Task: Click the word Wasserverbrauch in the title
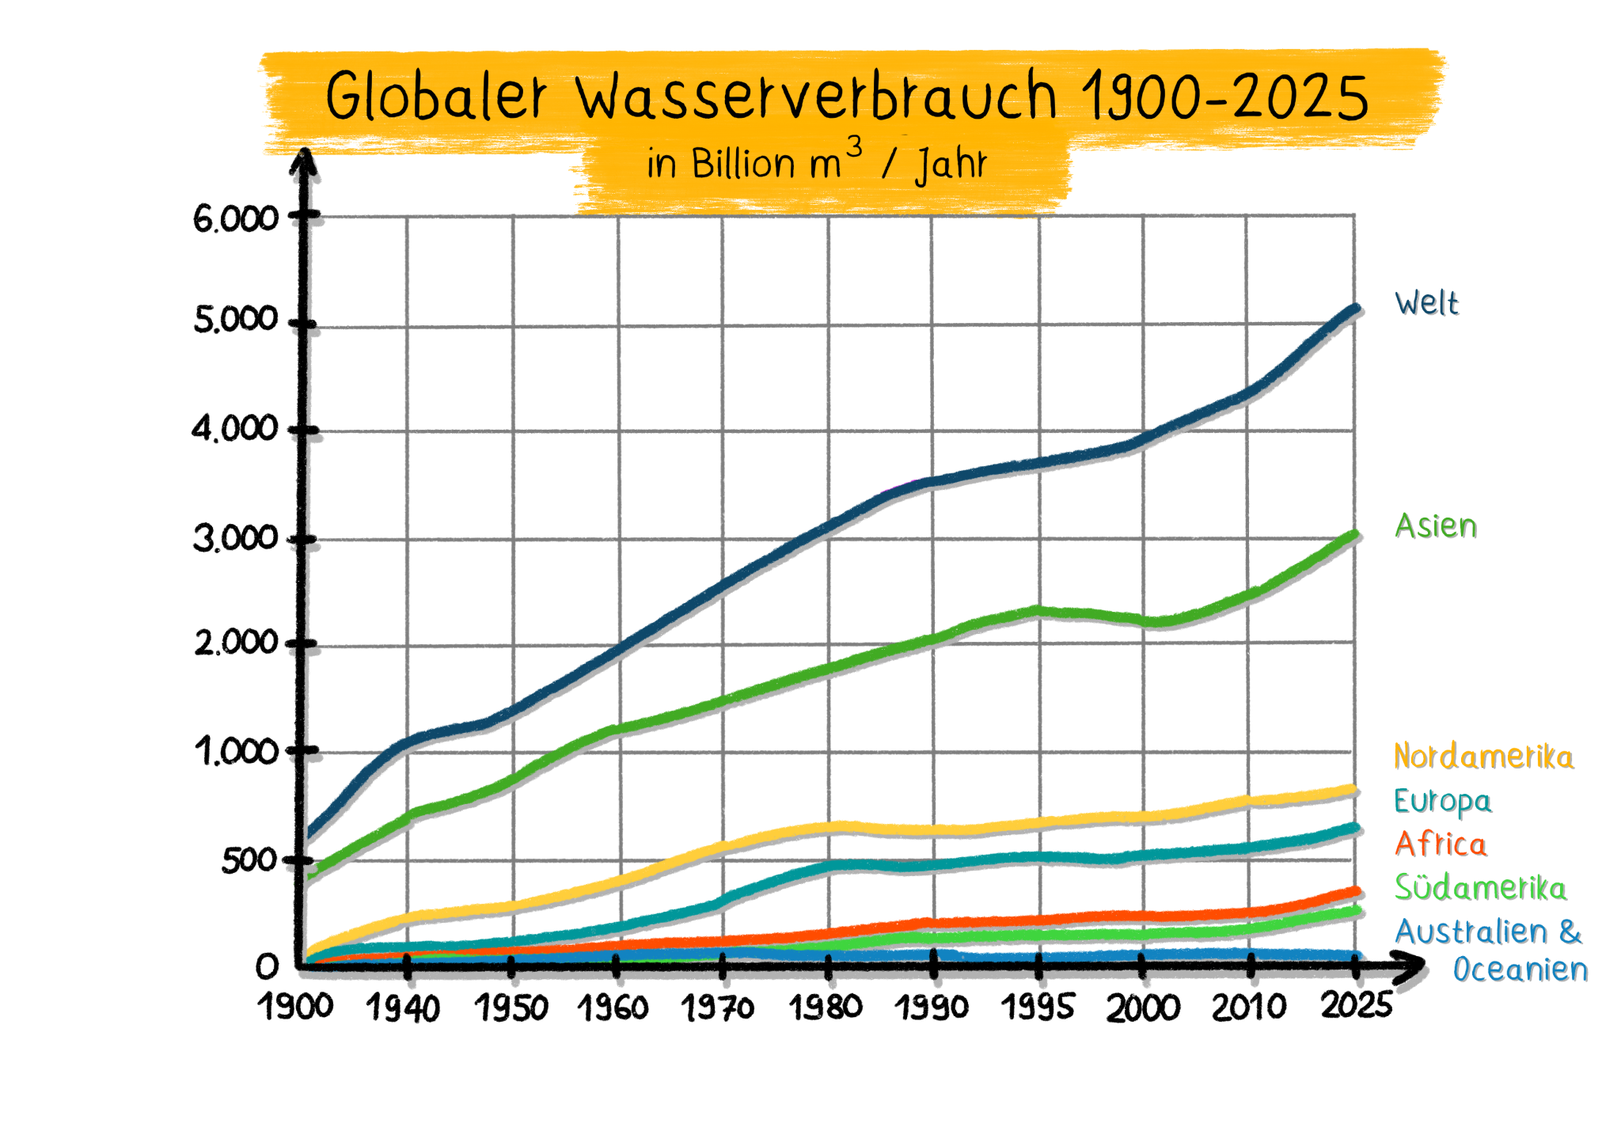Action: pos(815,97)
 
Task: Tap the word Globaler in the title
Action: pos(436,97)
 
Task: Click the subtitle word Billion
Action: pos(743,164)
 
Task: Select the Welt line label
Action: pos(1426,303)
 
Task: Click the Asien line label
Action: pos(1436,526)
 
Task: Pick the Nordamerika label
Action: pos(1483,757)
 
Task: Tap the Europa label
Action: pos(1442,801)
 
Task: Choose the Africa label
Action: pos(1441,844)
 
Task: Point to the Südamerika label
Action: pos(1480,887)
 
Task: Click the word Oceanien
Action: pos(1520,970)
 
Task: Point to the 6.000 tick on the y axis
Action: pos(236,218)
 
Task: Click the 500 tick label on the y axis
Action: pos(249,860)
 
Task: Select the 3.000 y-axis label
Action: pos(236,539)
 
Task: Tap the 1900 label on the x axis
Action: pos(295,1007)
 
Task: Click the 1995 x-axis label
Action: pos(1037,1007)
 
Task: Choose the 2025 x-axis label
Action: pos(1356,1005)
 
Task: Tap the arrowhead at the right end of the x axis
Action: pos(1410,967)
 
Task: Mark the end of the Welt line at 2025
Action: pos(1355,309)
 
